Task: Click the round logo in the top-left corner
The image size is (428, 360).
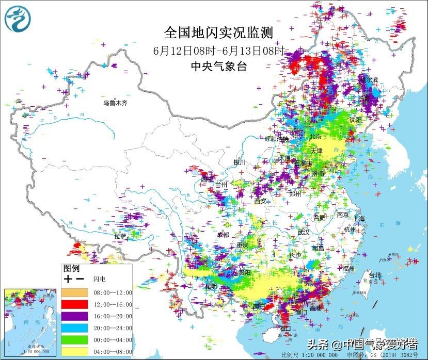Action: pos(18,19)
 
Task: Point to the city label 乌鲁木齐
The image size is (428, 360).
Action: pos(115,103)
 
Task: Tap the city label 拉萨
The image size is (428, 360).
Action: pos(120,236)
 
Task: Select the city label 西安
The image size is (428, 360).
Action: pos(260,201)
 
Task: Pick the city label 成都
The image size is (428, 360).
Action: pos(223,235)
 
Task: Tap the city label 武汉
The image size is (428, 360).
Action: pos(304,232)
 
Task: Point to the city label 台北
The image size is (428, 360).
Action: pos(374,275)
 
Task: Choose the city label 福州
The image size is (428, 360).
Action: pos(348,268)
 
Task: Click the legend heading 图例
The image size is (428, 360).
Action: pos(71,269)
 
